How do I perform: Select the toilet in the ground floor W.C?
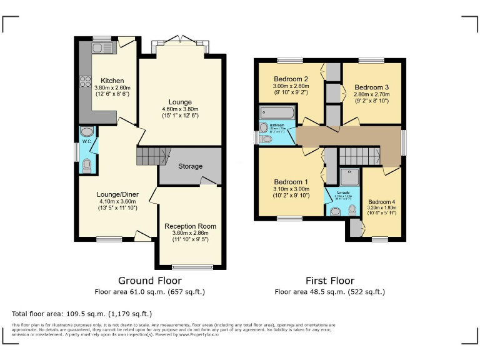86,165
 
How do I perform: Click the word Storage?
191,166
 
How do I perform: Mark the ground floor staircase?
154,156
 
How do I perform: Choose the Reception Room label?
191,226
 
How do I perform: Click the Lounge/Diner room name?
117,194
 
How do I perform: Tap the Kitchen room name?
112,81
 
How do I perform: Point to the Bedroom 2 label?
291,79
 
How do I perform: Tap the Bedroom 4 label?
381,202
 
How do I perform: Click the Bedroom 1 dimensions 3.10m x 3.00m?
291,188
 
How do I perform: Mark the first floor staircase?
360,156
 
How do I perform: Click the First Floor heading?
329,281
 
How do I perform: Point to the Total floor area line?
82,313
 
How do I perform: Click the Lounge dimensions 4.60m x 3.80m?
180,110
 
